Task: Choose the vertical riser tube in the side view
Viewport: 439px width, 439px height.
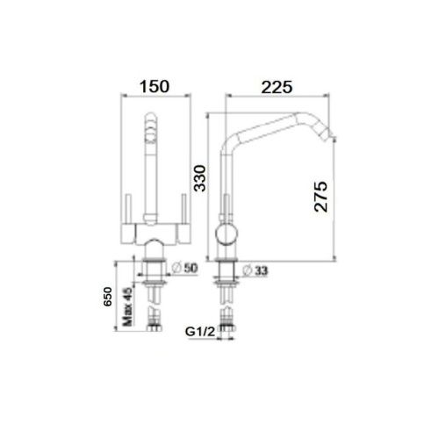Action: click(226, 189)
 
